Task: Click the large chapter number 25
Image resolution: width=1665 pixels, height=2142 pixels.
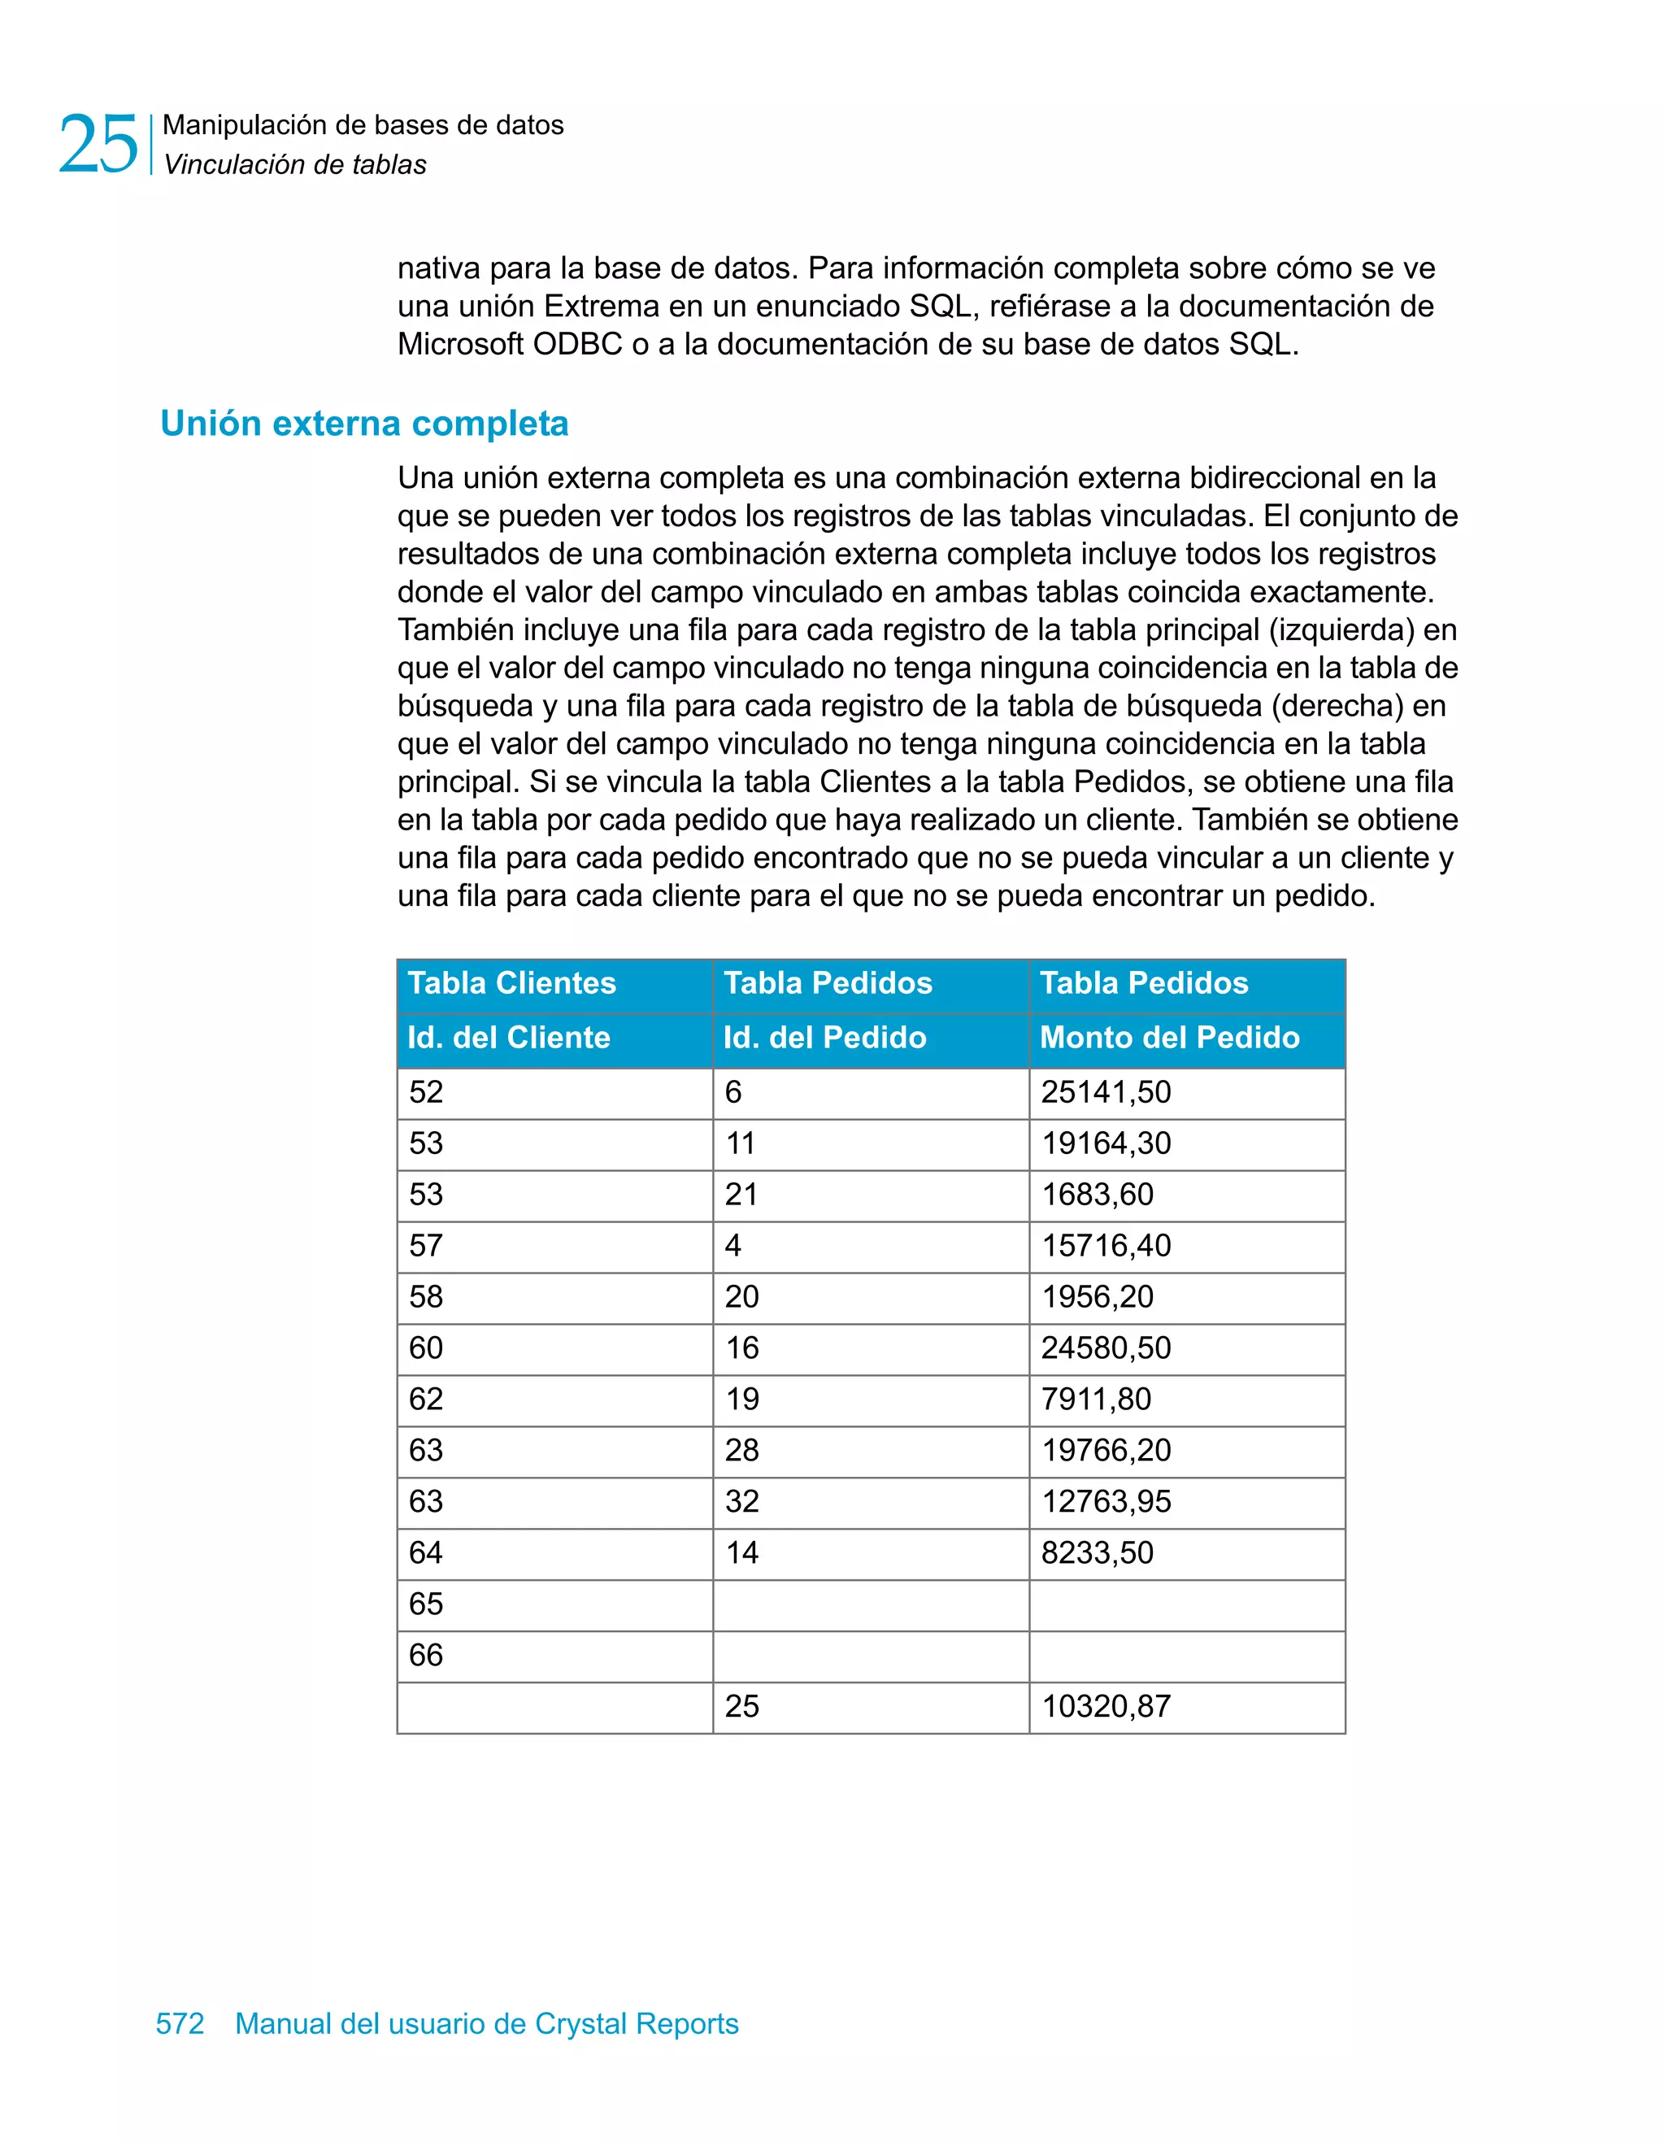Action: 98,144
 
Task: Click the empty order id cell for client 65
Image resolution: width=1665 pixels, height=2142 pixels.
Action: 870,1604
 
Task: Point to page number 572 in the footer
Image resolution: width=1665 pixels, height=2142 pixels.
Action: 180,2023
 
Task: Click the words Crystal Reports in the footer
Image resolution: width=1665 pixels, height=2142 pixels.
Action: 637,2023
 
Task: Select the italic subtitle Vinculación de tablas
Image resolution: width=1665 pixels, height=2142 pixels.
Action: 295,165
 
